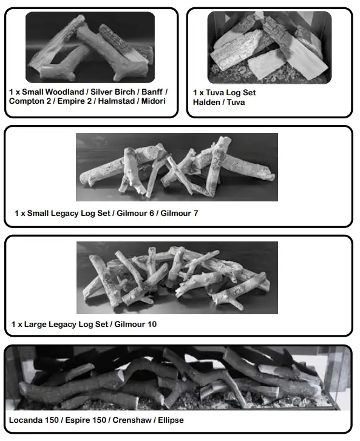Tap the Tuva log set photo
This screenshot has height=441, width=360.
click(x=269, y=47)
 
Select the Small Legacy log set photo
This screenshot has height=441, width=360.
click(x=177, y=167)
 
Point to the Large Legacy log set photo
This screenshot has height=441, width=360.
click(x=177, y=278)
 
